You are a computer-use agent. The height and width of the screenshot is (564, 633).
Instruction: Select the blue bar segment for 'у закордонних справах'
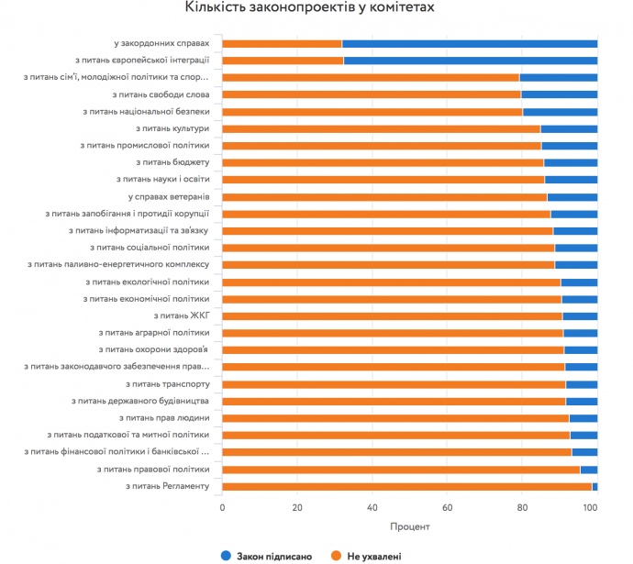tap(470, 43)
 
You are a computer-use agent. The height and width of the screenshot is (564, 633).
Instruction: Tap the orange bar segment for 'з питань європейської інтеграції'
tap(283, 61)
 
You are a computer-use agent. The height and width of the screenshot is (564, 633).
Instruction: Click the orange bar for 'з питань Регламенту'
tap(406, 486)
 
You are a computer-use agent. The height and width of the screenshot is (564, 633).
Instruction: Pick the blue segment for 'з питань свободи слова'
tap(559, 94)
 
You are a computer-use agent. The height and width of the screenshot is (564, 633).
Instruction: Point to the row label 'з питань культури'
tap(172, 128)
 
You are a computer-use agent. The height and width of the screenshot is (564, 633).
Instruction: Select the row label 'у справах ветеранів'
tap(169, 196)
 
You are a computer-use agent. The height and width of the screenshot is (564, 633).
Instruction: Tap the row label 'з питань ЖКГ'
tap(183, 315)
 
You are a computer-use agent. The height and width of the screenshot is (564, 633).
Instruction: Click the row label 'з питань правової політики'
tap(153, 469)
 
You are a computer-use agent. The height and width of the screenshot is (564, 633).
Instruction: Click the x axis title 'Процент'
tap(409, 526)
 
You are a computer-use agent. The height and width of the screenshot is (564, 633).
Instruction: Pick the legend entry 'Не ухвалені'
tap(367, 556)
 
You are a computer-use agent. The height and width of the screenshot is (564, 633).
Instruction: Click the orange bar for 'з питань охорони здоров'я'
tap(393, 349)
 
